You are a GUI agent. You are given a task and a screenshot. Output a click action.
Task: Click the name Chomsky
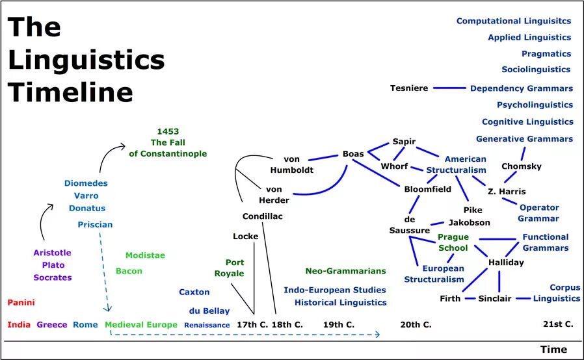point(522,166)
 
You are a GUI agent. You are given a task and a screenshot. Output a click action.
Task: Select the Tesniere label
point(409,88)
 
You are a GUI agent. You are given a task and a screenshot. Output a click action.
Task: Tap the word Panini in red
point(21,302)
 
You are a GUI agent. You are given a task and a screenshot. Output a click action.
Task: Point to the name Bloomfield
point(427,189)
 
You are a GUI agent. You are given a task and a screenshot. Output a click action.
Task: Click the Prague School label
point(453,242)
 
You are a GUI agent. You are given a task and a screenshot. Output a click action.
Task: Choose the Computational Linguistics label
point(514,21)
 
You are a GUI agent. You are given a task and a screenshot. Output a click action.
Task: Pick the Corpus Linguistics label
point(557,292)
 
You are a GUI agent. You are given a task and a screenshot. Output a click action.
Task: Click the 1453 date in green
point(168,131)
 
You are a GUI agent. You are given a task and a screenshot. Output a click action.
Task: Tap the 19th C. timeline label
point(339,324)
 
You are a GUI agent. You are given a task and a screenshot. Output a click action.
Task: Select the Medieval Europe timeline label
point(140,324)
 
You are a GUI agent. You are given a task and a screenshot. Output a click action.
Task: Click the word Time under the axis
point(553,350)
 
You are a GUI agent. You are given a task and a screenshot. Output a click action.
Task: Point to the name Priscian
point(95,224)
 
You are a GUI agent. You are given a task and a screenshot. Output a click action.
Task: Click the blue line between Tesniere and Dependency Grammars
point(449,88)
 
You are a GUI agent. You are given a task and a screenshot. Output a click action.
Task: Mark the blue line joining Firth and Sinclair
point(470,298)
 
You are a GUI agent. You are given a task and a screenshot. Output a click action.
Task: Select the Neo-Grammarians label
point(345,271)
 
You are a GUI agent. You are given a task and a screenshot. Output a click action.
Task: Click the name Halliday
point(506,263)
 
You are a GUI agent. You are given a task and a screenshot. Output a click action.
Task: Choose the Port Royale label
point(230,268)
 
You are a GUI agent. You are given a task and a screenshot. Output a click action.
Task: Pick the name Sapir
point(404,142)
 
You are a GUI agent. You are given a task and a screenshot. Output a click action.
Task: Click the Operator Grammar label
point(538,213)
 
